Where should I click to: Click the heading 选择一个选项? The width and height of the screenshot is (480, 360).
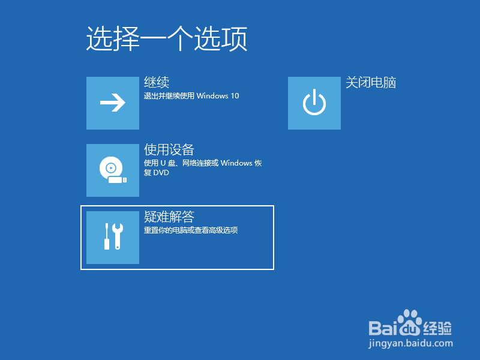[167, 40]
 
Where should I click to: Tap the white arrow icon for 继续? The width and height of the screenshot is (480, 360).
[112, 103]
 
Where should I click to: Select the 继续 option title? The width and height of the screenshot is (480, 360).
[157, 82]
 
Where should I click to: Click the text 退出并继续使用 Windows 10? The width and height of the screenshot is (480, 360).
[191, 96]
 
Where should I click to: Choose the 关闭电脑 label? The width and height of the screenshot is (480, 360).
[371, 83]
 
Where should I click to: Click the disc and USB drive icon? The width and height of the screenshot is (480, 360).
[112, 170]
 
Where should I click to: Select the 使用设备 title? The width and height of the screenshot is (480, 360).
[169, 149]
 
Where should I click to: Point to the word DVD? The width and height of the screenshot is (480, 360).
[161, 173]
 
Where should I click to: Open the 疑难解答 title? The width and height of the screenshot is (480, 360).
[169, 217]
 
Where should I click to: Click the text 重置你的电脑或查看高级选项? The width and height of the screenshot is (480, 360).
[191, 230]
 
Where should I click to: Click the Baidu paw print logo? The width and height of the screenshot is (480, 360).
[410, 325]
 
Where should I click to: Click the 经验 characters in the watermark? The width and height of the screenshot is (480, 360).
[437, 328]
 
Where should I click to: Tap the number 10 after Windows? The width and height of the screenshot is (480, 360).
[235, 96]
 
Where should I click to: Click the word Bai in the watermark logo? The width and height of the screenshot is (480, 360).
[382, 328]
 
